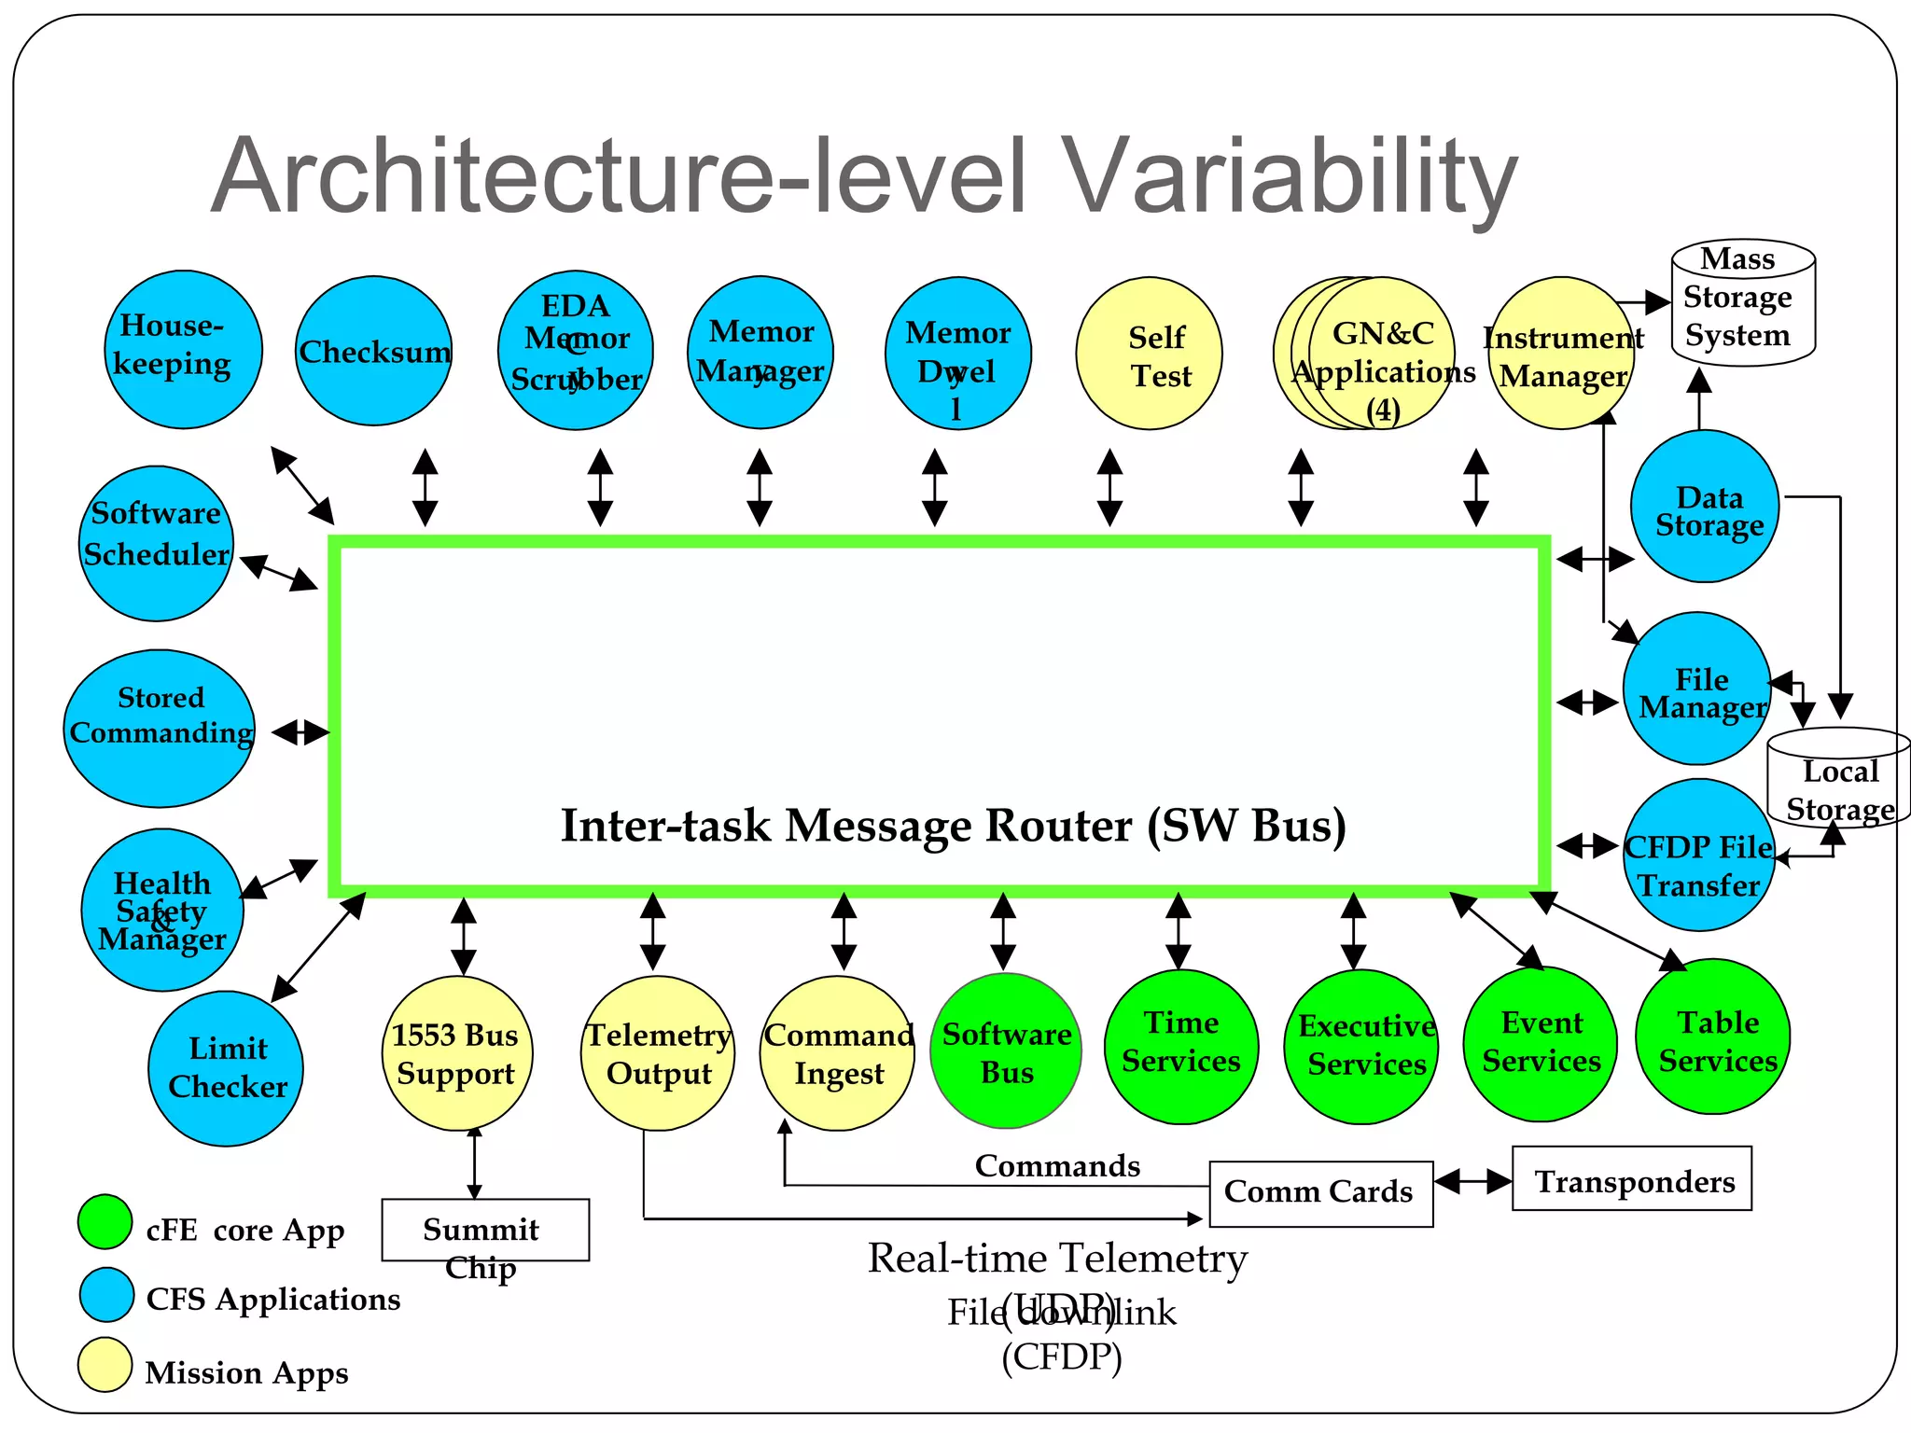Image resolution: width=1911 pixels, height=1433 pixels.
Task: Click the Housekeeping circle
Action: [183, 349]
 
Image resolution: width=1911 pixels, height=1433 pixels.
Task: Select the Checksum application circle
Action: [373, 351]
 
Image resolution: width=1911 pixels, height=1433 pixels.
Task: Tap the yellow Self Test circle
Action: [1149, 354]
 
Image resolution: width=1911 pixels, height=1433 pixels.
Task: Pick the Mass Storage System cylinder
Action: [1742, 302]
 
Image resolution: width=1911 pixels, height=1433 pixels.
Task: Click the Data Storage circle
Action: [1705, 507]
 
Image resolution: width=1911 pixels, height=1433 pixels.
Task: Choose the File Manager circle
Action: [1697, 689]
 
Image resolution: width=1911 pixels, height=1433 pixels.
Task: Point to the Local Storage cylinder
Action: [1838, 780]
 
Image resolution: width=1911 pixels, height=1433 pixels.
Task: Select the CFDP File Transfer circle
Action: [1698, 855]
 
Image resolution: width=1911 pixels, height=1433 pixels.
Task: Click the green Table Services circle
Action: [1713, 1037]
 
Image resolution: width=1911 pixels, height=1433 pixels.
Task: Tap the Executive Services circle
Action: [1361, 1047]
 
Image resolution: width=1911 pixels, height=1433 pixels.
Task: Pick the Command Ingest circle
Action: [837, 1053]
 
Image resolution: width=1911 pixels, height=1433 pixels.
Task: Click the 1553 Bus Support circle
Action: [457, 1053]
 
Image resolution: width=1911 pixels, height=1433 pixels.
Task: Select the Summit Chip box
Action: [485, 1230]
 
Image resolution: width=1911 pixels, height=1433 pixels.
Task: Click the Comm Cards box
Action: [1320, 1193]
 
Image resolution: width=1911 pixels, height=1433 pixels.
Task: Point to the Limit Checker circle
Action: [226, 1068]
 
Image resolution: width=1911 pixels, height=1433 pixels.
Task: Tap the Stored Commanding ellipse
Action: [160, 729]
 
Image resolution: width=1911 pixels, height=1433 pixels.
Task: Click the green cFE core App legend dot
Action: [105, 1221]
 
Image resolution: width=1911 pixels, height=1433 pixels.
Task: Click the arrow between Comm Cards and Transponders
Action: [1472, 1182]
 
